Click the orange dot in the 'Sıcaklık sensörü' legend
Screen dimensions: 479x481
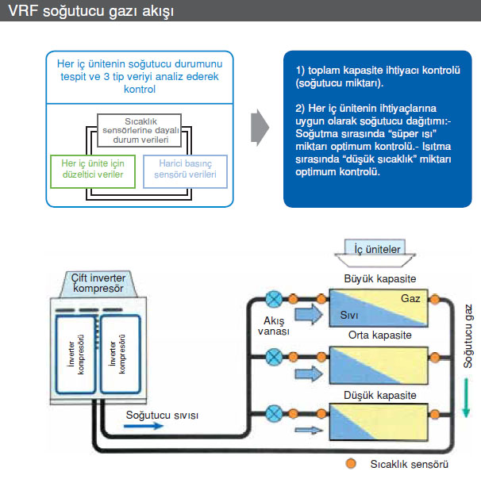click(348, 462)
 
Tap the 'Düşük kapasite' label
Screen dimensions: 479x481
click(379, 392)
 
